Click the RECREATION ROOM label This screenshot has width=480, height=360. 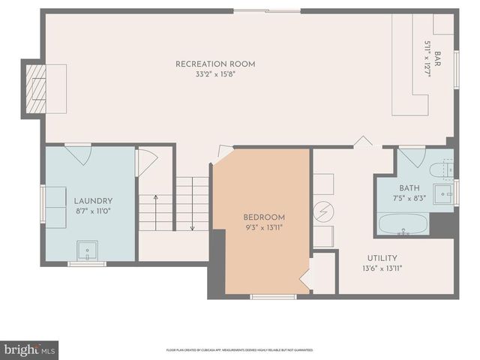(x=215, y=64)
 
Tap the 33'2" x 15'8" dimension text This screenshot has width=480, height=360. (x=215, y=74)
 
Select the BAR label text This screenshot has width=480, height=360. (x=437, y=57)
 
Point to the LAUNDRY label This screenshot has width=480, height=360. (x=93, y=201)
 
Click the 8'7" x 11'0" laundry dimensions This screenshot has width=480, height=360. (x=93, y=211)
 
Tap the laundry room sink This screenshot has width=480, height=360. (x=88, y=249)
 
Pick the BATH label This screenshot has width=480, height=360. (x=409, y=188)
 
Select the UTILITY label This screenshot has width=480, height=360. (x=382, y=258)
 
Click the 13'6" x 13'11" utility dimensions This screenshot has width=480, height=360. (x=382, y=268)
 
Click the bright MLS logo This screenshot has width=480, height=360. (x=30, y=349)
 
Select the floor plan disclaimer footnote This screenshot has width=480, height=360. (x=240, y=349)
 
